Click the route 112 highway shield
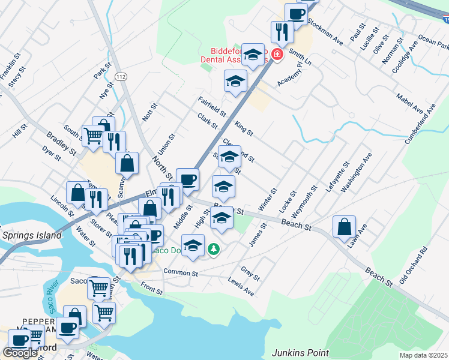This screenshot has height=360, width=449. pyautogui.click(x=121, y=76)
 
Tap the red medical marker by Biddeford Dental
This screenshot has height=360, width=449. pyautogui.click(x=277, y=55)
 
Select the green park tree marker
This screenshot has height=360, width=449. pyautogui.click(x=212, y=248)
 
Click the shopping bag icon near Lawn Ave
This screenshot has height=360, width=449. pyautogui.click(x=345, y=227)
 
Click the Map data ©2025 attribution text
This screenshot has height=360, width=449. pyautogui.click(x=423, y=355)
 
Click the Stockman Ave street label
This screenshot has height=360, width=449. pyautogui.click(x=325, y=31)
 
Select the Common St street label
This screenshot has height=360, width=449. pyautogui.click(x=181, y=273)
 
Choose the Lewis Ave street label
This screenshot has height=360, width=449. pyautogui.click(x=241, y=286)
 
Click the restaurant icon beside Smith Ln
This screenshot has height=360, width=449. pyautogui.click(x=282, y=32)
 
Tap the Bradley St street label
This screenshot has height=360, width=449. pyautogui.click(x=64, y=142)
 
